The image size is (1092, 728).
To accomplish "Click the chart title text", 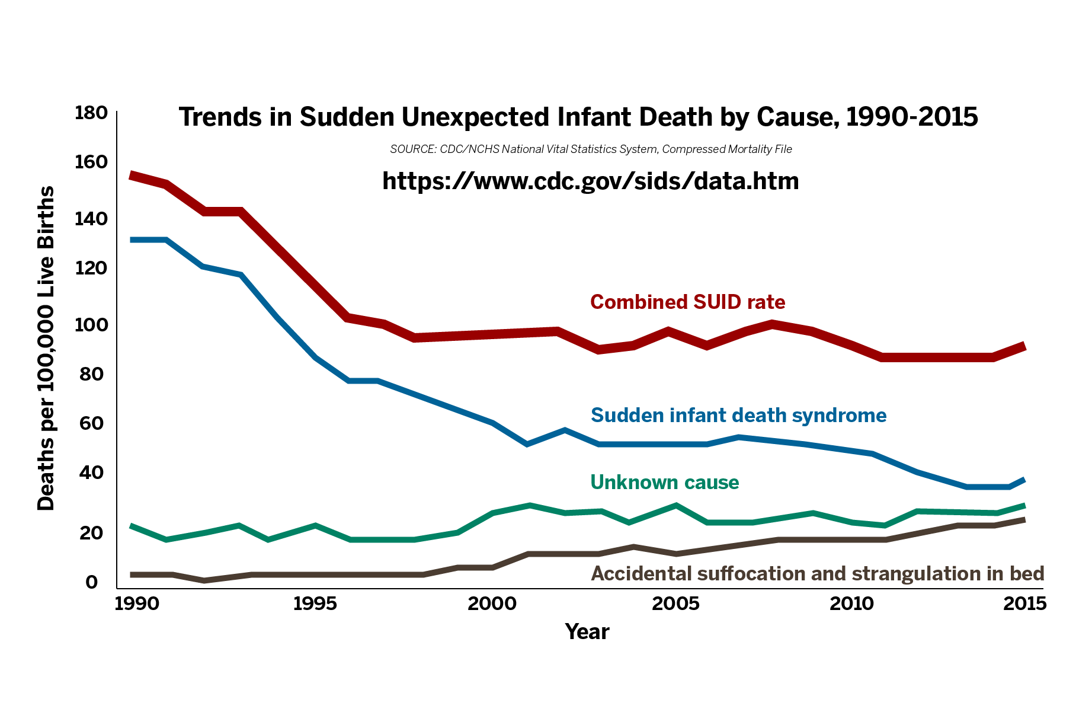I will click(x=578, y=117).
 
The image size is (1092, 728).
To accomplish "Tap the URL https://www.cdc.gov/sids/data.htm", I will click(x=590, y=181).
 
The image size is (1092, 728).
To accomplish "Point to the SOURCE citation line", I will click(x=591, y=149).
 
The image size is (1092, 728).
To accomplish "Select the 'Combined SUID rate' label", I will click(x=687, y=302).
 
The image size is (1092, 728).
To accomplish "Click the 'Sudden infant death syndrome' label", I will click(x=738, y=415).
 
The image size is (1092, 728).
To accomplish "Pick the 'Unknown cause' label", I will click(x=665, y=483).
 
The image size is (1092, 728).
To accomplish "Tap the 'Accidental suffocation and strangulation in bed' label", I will click(x=817, y=574).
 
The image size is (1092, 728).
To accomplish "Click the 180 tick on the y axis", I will click(x=91, y=113).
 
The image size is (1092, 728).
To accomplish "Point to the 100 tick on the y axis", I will click(x=91, y=325).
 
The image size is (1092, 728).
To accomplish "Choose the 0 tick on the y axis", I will click(x=92, y=582).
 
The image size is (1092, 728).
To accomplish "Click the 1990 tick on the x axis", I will click(x=137, y=604).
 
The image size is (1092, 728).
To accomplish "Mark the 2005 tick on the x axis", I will click(x=675, y=604).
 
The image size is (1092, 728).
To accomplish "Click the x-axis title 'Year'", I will click(x=587, y=632).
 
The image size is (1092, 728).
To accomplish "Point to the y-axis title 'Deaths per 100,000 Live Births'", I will click(x=46, y=348).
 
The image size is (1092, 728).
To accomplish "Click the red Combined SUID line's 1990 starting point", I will click(x=131, y=175).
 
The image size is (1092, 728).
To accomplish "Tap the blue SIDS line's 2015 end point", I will click(x=1024, y=479).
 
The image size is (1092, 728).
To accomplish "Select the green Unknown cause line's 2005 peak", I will click(x=675, y=506).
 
